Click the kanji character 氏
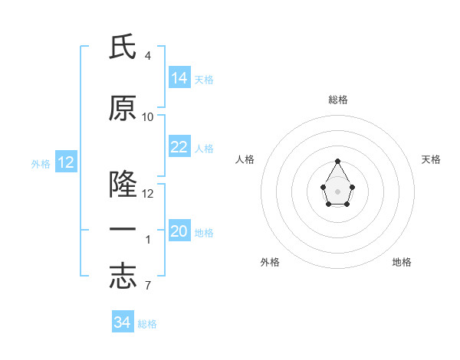(123, 47)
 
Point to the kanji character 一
(123, 230)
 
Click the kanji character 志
(123, 277)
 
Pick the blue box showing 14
(179, 78)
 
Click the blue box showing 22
(179, 147)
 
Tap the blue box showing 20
(179, 231)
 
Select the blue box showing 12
(65, 162)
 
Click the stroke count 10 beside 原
(148, 116)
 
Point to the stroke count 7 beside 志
(147, 286)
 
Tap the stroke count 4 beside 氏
(147, 56)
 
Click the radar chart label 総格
(338, 100)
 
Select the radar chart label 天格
(431, 159)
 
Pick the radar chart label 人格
(245, 159)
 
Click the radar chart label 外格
(270, 262)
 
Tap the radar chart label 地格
(402, 262)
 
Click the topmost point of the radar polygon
(338, 161)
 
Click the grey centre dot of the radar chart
(338, 191)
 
